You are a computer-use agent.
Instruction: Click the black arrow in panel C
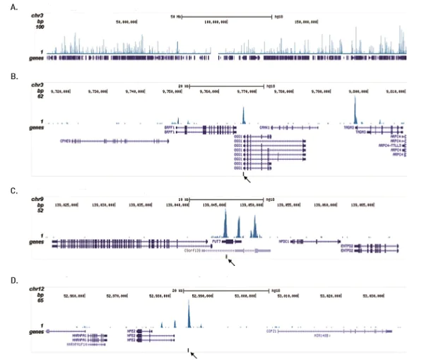pyautogui.click(x=230, y=262)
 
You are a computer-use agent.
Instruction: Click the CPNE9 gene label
pyautogui.click(x=69, y=141)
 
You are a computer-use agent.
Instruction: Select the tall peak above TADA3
pyautogui.click(x=355, y=110)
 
